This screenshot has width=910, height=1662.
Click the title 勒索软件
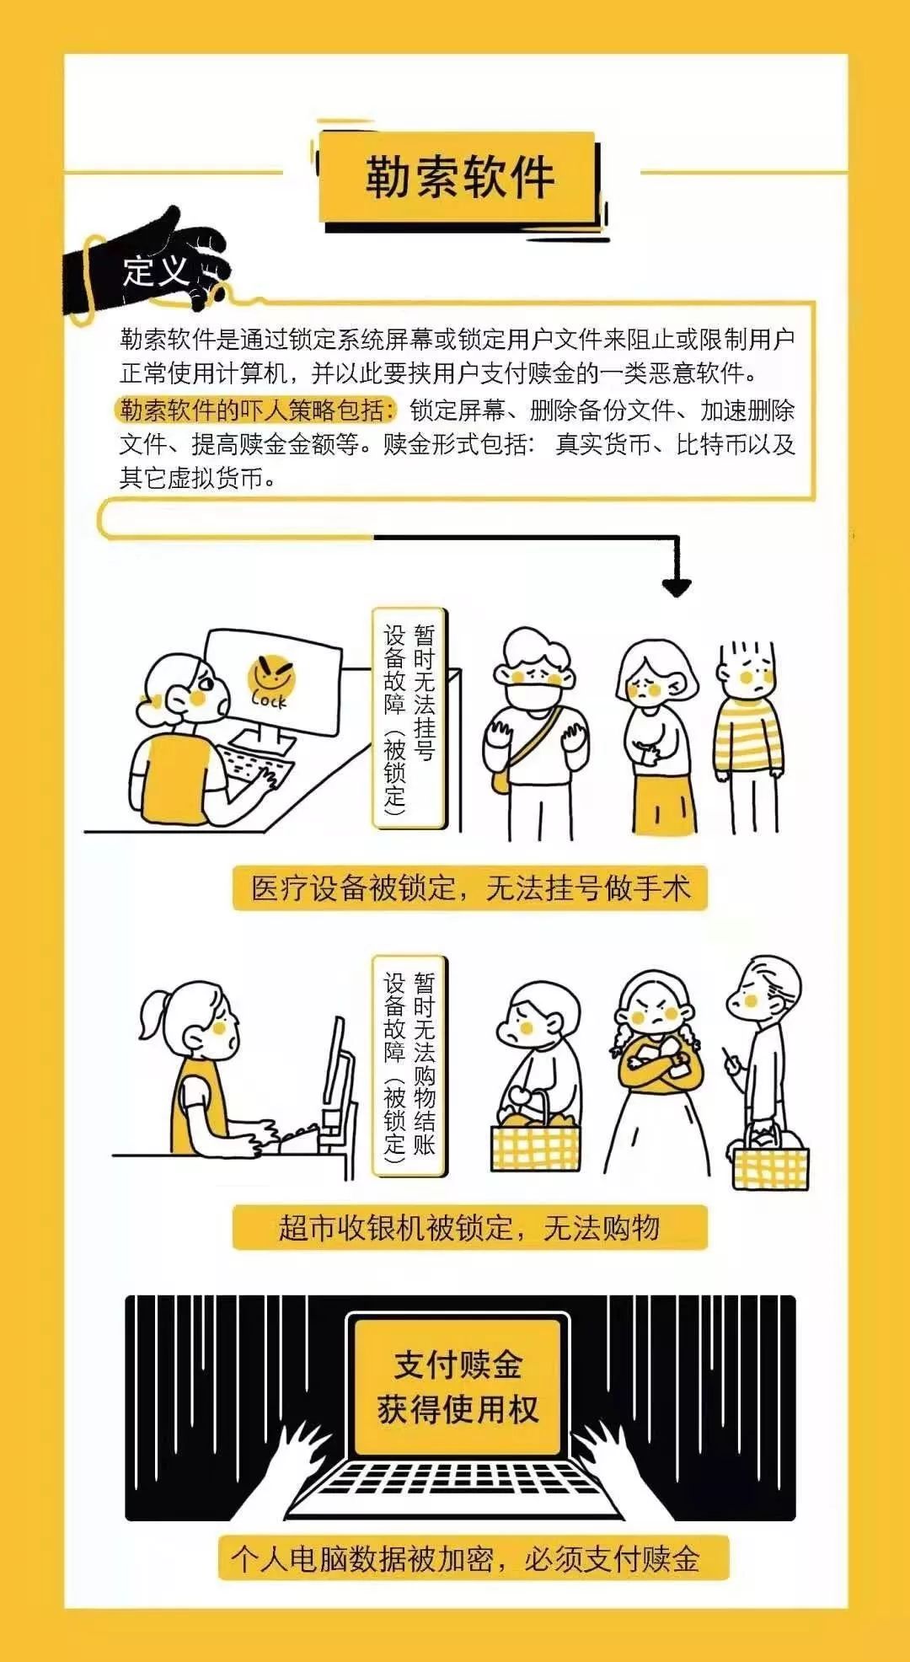459,177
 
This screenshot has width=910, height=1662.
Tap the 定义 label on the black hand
156,270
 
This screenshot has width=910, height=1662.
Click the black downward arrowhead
676,587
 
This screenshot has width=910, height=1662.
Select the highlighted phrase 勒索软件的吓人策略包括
255,410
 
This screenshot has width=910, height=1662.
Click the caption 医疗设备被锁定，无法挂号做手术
469,887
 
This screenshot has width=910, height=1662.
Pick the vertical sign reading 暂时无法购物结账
409,1065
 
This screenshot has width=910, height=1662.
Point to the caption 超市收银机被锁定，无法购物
469,1228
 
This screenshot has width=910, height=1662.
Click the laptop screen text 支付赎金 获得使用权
458,1386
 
